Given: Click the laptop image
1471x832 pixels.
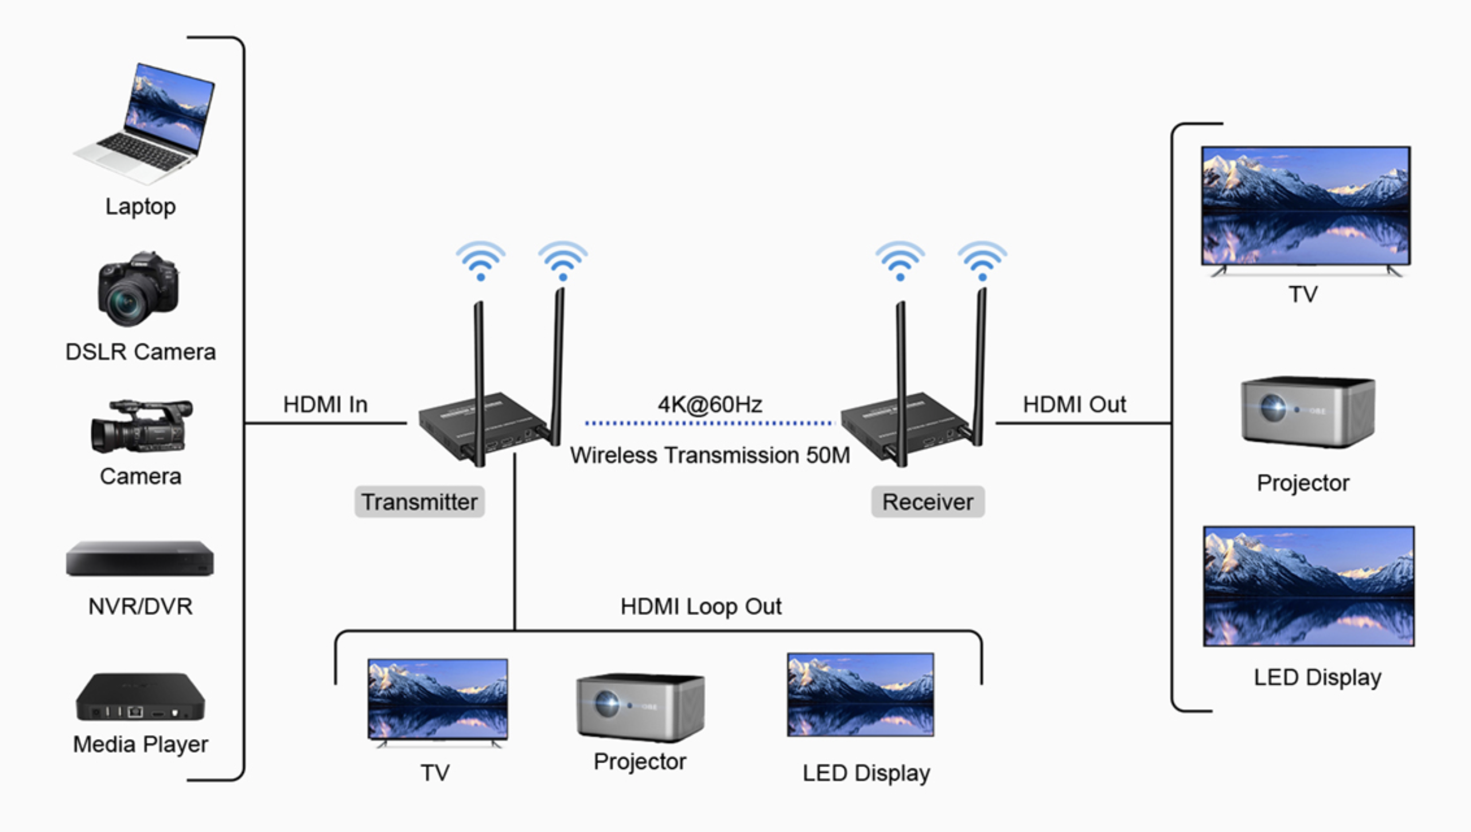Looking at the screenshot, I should click(x=146, y=123).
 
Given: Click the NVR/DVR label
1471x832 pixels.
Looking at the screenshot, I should click(x=141, y=606).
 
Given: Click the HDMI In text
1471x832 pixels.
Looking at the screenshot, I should click(x=325, y=405).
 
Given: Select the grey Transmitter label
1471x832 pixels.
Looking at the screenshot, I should click(x=419, y=502).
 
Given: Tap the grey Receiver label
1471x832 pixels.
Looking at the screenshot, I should click(x=928, y=502).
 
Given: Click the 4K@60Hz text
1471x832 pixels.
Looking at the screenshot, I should click(x=710, y=405).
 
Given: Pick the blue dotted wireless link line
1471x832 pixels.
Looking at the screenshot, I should click(x=709, y=423).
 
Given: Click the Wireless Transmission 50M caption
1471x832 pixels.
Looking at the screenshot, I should click(x=710, y=455).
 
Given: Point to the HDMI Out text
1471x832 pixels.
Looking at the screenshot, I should click(x=1074, y=405).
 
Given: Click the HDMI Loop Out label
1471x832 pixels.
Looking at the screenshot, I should click(x=701, y=606).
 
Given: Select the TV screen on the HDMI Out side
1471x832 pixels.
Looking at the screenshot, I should click(x=1306, y=205).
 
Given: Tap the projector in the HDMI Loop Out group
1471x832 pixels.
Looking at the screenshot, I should click(x=640, y=707).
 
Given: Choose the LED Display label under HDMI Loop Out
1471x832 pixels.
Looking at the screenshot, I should click(x=866, y=773).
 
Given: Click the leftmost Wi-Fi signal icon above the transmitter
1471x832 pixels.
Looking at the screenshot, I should click(x=481, y=261).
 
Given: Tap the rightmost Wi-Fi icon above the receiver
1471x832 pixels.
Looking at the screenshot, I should click(x=982, y=261).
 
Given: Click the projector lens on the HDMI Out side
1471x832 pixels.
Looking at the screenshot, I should click(x=1272, y=408).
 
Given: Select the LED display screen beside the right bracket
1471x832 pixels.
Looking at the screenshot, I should click(x=1309, y=586).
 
